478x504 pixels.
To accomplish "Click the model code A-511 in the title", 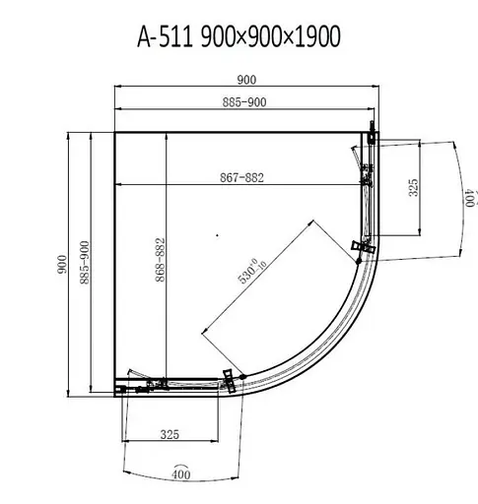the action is tap(165, 36).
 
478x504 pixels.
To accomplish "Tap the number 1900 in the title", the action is tap(317, 36).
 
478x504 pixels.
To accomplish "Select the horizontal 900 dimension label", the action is tap(246, 80).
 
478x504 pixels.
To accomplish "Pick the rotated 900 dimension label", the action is tap(62, 265).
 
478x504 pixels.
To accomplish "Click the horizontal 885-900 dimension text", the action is tap(244, 102).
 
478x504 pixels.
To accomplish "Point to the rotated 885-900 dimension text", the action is tap(85, 263).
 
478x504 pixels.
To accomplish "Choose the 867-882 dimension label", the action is tap(241, 177).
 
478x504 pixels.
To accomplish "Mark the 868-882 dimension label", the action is tap(160, 260).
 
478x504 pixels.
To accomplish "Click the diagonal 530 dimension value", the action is tap(247, 275).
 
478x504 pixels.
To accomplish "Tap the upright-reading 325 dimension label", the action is tap(170, 434).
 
